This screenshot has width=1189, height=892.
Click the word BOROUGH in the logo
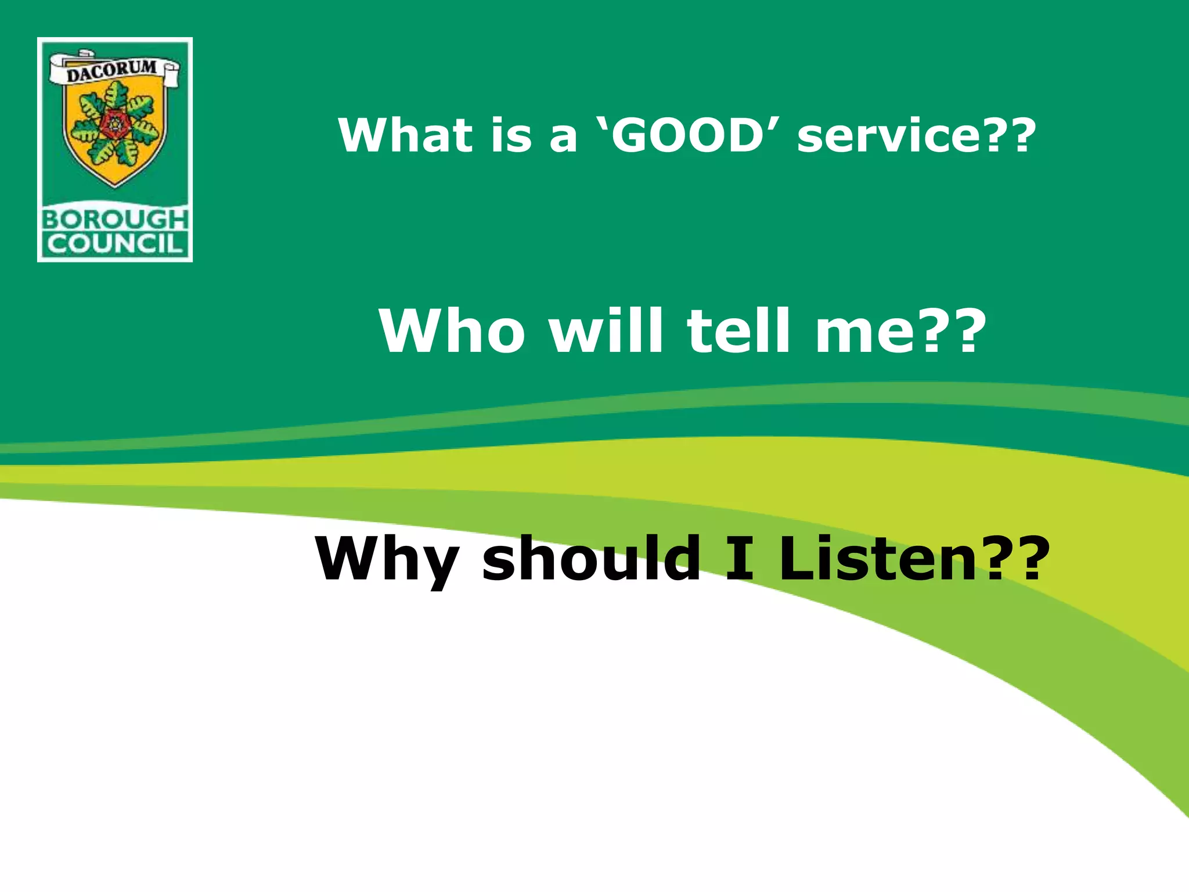(115, 220)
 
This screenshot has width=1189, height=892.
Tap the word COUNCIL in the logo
(115, 244)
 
